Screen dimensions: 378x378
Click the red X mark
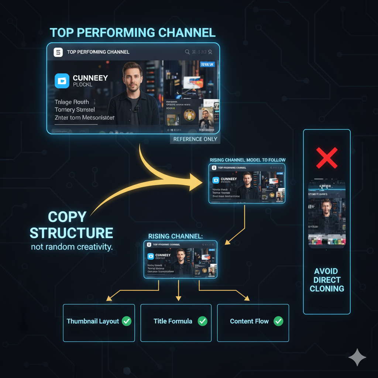pos(327,158)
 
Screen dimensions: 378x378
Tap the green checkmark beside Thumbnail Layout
pos(127,321)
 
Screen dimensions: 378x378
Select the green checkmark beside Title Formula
pos(202,321)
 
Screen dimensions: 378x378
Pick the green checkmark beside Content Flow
pos(278,321)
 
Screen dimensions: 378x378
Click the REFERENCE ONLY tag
pos(195,139)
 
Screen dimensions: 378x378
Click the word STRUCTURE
pos(71,233)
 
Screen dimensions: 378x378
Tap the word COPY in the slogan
pos(67,217)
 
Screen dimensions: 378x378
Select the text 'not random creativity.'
pos(72,247)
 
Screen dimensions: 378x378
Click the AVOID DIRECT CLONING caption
pos(327,280)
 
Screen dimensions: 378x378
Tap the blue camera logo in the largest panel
pos(62,81)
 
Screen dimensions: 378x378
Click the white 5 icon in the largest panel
pos(58,52)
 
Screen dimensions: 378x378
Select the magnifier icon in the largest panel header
pos(187,52)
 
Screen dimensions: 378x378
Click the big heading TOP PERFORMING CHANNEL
pos(133,32)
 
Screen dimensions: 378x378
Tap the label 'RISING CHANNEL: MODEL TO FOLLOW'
pos(247,160)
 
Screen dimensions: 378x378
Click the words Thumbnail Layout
pos(93,321)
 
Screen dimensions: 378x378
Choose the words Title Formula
pos(173,321)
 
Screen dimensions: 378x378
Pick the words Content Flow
pos(249,321)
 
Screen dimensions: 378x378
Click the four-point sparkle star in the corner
pos(357,357)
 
